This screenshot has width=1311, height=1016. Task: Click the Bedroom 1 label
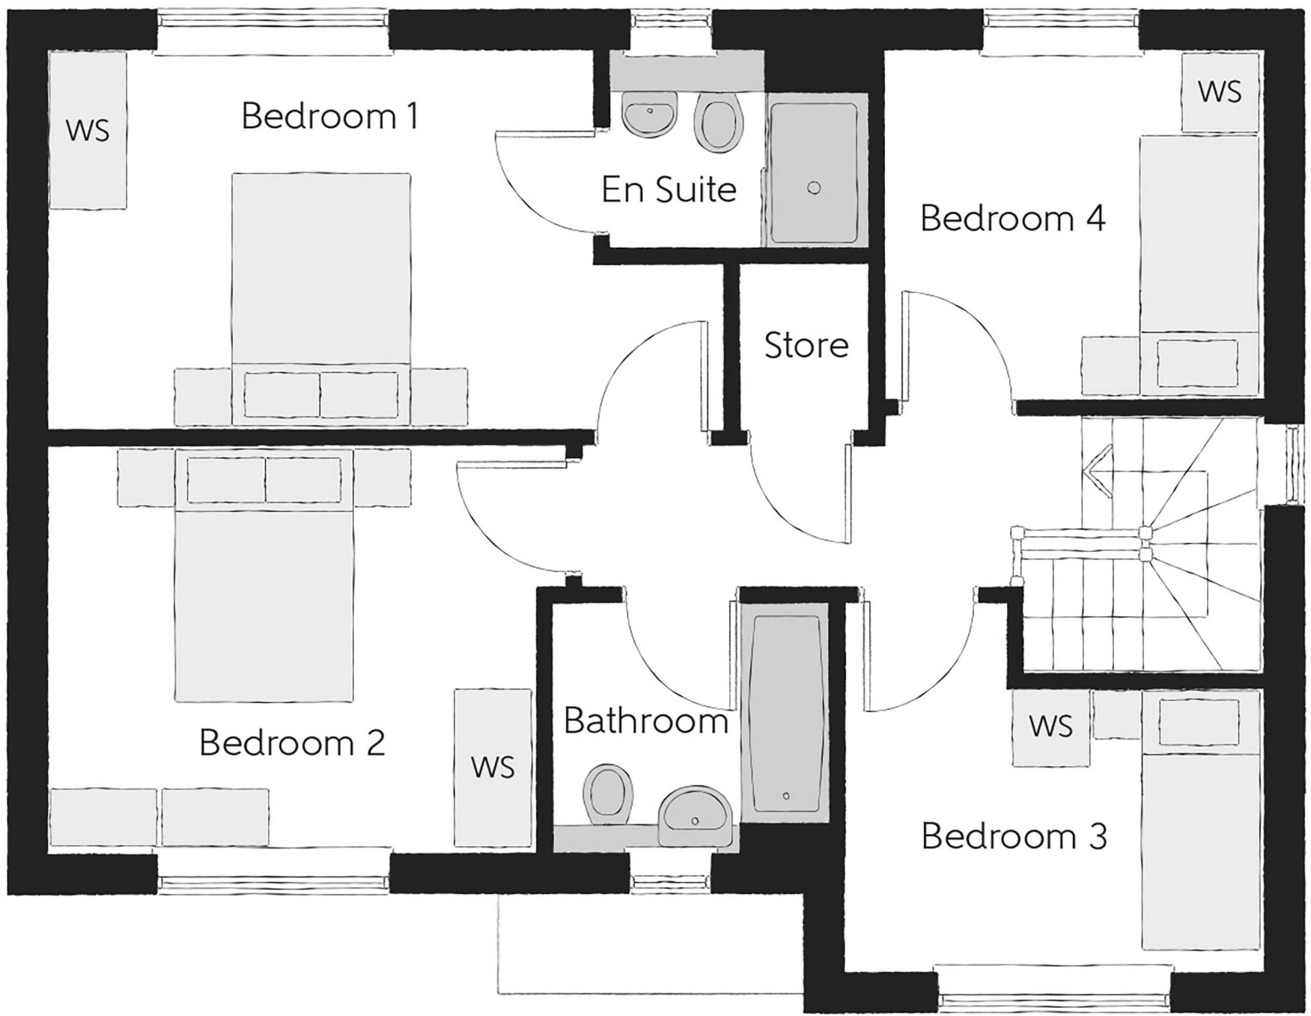click(x=330, y=117)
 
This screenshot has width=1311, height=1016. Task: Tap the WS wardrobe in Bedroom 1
click(x=88, y=131)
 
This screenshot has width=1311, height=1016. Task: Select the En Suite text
click(x=669, y=189)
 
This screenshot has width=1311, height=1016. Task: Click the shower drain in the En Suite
click(x=814, y=188)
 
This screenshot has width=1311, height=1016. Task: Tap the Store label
click(x=806, y=346)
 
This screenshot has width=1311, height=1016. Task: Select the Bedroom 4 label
click(x=1013, y=219)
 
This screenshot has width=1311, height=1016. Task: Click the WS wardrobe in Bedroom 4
click(x=1219, y=92)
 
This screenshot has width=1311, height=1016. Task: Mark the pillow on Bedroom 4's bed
click(x=1197, y=363)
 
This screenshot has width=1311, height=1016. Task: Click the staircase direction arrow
click(x=1097, y=472)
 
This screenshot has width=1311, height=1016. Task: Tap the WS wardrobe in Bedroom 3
click(x=1050, y=727)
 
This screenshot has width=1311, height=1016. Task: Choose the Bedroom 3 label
click(x=1014, y=837)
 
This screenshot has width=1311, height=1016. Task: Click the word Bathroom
click(x=645, y=722)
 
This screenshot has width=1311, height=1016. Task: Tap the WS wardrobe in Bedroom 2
click(x=492, y=767)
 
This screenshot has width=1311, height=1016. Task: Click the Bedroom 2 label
click(x=292, y=743)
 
